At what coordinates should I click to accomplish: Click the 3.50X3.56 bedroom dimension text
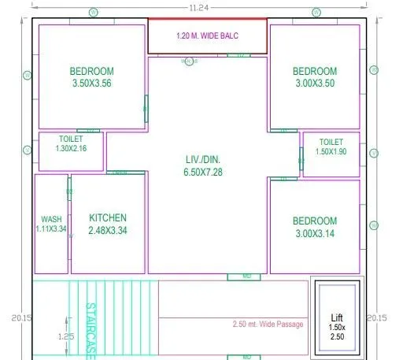tap(91, 82)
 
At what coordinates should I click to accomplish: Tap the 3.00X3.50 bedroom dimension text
tap(314, 83)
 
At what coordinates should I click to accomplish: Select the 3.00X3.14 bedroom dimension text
tap(314, 234)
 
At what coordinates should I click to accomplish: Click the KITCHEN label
tap(107, 218)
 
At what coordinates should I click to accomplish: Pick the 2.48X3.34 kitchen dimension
tap(107, 231)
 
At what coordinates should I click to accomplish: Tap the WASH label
tap(51, 220)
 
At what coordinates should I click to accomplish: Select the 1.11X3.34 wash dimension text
tap(51, 228)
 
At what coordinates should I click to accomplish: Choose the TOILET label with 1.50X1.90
tap(331, 142)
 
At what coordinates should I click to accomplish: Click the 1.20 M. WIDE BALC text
tap(208, 36)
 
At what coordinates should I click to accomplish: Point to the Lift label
tap(337, 318)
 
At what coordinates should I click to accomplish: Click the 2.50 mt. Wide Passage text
tap(268, 325)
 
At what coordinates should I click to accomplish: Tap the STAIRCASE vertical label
tap(91, 331)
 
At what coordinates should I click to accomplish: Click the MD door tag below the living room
tap(246, 276)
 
